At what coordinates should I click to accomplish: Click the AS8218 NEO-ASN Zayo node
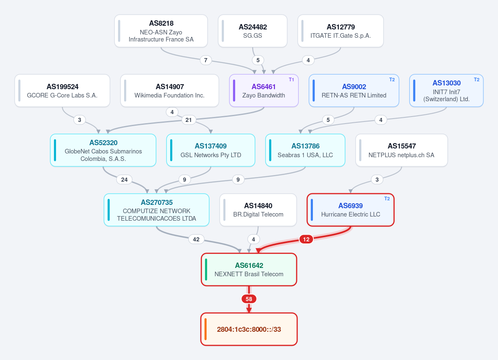click(x=161, y=31)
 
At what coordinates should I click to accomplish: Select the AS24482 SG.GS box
click(x=253, y=31)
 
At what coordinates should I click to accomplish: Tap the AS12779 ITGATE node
click(x=341, y=31)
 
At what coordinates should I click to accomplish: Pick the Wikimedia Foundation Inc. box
click(x=170, y=90)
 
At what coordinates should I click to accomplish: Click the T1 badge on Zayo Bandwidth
click(x=291, y=80)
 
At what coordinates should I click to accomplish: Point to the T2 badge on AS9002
click(x=392, y=80)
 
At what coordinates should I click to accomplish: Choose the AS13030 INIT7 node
click(x=447, y=90)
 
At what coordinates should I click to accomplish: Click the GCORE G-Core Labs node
click(x=62, y=90)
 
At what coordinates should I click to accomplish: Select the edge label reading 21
click(x=188, y=120)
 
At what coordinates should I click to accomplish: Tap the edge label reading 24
click(x=124, y=180)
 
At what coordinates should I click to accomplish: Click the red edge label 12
click(x=306, y=239)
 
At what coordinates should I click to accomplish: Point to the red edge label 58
click(x=249, y=299)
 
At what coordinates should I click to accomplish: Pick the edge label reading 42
click(x=196, y=239)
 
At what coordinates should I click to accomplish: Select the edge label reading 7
click(x=206, y=60)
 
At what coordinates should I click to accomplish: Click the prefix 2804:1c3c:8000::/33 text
click(x=249, y=329)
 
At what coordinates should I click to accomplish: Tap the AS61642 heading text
click(x=249, y=265)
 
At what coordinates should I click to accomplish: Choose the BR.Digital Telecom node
click(x=258, y=210)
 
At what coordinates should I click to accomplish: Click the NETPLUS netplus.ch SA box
click(x=402, y=150)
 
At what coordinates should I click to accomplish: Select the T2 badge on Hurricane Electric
click(x=387, y=199)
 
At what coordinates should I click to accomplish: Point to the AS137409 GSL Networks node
click(x=211, y=150)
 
